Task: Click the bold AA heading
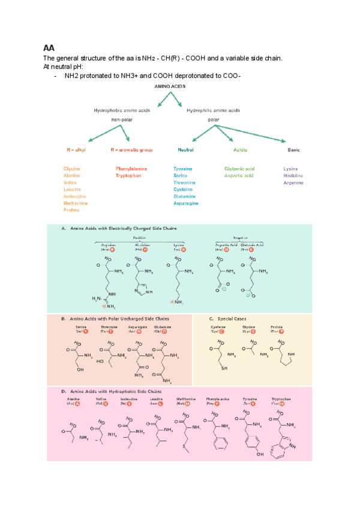tap(49, 47)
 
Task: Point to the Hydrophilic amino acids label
tap(213, 110)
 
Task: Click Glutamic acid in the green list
tap(239, 169)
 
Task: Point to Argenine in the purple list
tap(295, 182)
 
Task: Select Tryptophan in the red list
tap(129, 176)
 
